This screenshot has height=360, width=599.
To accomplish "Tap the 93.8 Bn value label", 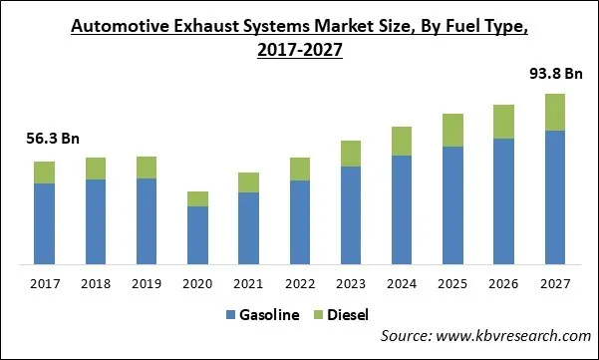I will (x=555, y=73).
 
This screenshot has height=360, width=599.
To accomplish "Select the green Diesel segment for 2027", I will (x=555, y=112).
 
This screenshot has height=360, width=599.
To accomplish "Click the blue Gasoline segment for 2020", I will (x=197, y=235).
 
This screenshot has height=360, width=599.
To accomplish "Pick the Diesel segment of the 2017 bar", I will (x=44, y=172).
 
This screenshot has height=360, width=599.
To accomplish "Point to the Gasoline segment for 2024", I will (x=402, y=210).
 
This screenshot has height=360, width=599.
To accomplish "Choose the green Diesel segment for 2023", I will (x=351, y=153).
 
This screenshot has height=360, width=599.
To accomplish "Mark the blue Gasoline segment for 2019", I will (x=147, y=221).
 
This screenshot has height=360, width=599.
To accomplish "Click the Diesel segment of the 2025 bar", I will (x=453, y=130).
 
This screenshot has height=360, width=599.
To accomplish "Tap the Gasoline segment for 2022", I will (x=300, y=222).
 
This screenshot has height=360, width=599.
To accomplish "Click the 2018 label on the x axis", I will (x=96, y=284).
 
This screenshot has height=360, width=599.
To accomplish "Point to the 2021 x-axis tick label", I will (x=249, y=284).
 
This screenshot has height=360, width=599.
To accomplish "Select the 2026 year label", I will (x=504, y=284).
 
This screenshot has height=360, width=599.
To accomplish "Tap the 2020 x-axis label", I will (x=197, y=284).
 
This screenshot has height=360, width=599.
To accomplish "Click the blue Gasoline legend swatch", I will (x=232, y=315).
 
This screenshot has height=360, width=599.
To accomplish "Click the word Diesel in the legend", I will (x=349, y=315).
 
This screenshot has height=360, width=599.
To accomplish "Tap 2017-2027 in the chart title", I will (x=299, y=49).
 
